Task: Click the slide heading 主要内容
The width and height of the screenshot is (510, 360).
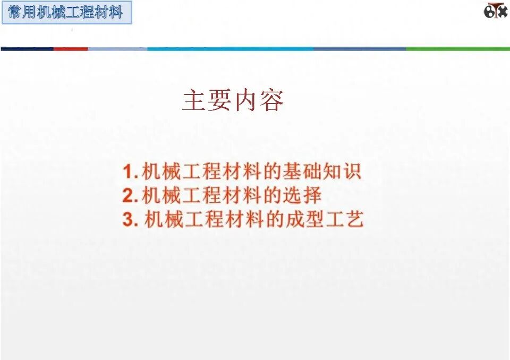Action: (233, 100)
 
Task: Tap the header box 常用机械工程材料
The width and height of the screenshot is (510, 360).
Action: (66, 13)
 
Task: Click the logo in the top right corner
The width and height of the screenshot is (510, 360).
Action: (495, 11)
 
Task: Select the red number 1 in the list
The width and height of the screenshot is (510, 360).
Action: (127, 173)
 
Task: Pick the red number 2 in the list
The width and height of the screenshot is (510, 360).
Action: (128, 196)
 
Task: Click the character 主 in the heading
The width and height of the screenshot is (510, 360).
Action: (194, 100)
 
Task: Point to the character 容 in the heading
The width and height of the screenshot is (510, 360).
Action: (271, 100)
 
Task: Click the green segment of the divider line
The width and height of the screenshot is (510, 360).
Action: (457, 49)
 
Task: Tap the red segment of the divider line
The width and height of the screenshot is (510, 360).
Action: (71, 49)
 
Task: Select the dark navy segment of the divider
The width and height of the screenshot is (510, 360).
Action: (27, 49)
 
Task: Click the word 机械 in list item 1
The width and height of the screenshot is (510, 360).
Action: (162, 172)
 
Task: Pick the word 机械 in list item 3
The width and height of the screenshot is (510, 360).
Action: (164, 220)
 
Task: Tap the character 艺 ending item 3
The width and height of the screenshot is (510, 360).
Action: (354, 220)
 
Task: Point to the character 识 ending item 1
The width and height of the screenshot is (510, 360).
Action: (352, 172)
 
